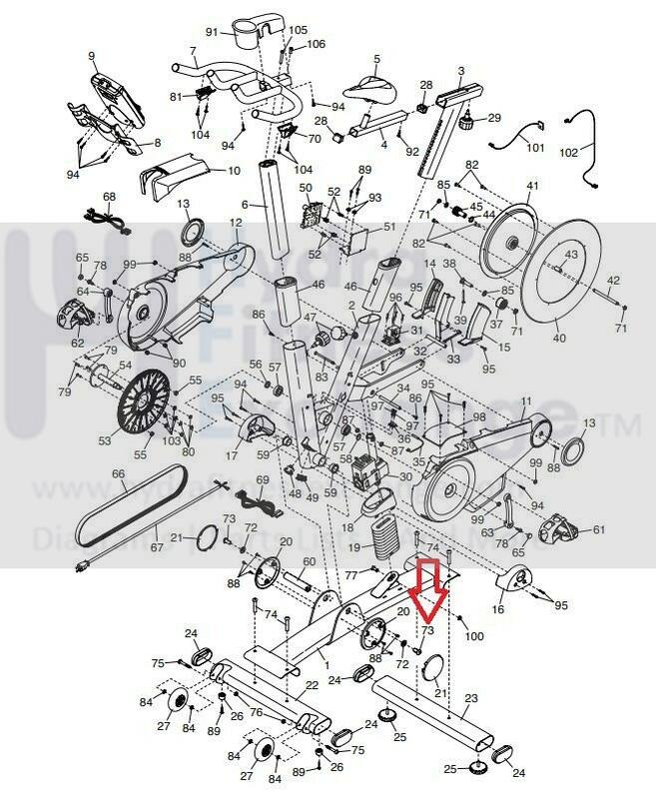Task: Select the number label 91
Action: [x=212, y=31]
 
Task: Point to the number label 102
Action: [x=596, y=153]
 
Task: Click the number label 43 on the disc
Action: [x=571, y=256]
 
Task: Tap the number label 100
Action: [x=474, y=635]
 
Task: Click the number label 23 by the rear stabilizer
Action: [x=472, y=699]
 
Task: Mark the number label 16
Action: [x=498, y=607]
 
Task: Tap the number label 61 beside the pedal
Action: [x=599, y=529]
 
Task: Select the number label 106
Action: [x=316, y=44]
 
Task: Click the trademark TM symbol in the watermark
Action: [x=628, y=428]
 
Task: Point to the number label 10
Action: [x=234, y=171]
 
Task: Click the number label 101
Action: [x=536, y=148]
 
